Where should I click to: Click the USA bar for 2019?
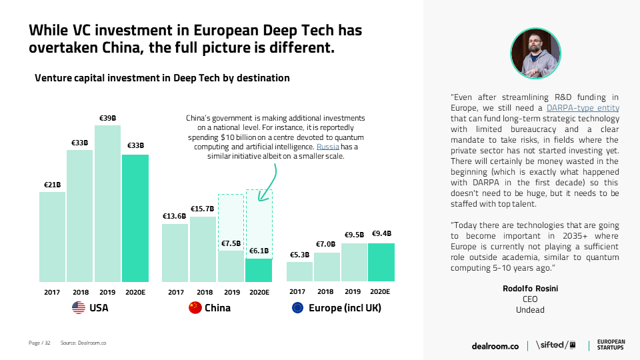[107, 203]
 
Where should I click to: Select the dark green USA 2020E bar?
[135, 218]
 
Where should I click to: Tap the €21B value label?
[52, 185]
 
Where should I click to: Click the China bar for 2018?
[203, 249]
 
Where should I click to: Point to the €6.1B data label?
[259, 251]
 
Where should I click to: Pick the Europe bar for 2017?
[299, 271]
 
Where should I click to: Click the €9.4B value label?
[381, 234]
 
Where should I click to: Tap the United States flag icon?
[79, 308]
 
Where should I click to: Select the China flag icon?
[195, 308]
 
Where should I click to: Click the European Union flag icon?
[297, 308]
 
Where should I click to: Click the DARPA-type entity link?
[583, 108]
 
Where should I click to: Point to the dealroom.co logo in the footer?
[495, 345]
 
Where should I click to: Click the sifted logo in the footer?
[556, 345]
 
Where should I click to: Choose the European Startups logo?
[611, 345]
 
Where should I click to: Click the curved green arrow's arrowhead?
[263, 197]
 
